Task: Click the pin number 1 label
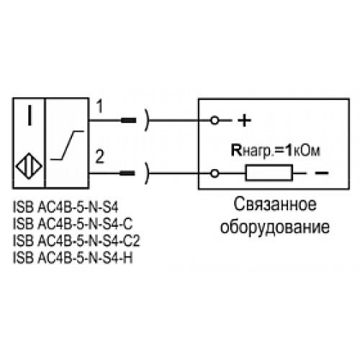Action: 99,107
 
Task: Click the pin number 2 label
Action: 100,156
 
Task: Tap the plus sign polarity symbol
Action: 244,120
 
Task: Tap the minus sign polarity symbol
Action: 322,173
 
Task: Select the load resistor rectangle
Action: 269,173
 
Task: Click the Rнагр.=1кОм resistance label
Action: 276,151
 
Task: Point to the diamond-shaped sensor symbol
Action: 29,166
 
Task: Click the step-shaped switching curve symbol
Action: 67,145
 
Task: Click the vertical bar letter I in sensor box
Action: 30,116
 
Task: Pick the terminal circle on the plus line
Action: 215,120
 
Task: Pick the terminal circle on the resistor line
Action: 215,173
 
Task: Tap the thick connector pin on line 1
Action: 128,120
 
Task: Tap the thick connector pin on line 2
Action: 127,173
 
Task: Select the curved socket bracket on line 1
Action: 147,120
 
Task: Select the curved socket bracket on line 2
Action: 147,173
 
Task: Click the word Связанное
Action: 275,204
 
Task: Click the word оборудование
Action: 275,226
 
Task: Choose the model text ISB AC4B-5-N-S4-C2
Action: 76,240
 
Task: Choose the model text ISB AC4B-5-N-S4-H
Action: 73,258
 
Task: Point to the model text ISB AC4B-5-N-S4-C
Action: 73,224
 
